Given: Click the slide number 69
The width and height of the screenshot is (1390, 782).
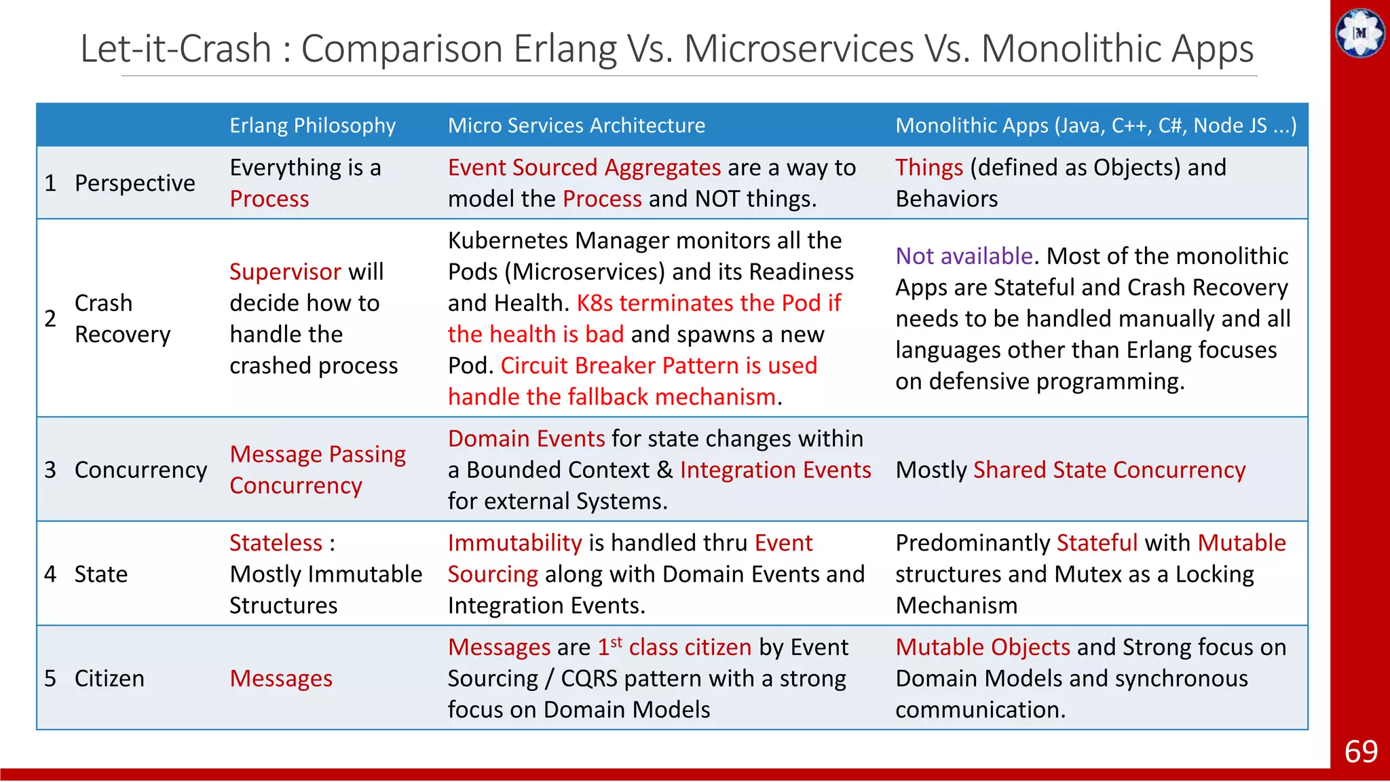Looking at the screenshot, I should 1360,751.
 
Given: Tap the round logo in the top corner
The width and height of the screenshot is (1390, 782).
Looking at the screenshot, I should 1359,33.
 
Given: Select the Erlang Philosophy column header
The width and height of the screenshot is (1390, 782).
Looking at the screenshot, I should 312,126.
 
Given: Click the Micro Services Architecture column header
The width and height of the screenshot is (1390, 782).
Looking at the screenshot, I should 576,126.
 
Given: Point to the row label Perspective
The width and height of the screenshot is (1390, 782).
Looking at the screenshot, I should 134,183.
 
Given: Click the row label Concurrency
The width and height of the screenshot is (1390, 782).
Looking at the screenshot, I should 140,470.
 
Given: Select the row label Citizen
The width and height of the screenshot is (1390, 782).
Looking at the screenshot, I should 109,678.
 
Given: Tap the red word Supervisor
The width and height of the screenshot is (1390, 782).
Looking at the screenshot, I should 285,272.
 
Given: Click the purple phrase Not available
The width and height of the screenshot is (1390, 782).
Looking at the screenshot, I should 964,256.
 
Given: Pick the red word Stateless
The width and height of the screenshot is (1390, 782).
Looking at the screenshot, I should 276,543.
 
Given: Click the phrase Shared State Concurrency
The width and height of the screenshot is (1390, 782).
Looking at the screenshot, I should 1109,470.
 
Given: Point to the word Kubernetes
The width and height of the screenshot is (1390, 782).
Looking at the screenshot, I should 509,240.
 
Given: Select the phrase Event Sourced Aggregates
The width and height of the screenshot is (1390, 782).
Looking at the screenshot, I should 584,168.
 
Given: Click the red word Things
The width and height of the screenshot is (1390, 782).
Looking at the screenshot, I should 929,168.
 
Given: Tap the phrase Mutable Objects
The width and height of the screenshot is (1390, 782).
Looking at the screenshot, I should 982,647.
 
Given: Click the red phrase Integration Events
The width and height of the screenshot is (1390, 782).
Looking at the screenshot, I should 775,470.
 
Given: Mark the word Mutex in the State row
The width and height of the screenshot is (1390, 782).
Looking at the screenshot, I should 1087,574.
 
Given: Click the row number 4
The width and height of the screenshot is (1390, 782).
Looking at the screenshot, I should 50,574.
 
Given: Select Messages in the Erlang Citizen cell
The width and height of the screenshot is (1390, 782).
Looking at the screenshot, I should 281,678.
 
